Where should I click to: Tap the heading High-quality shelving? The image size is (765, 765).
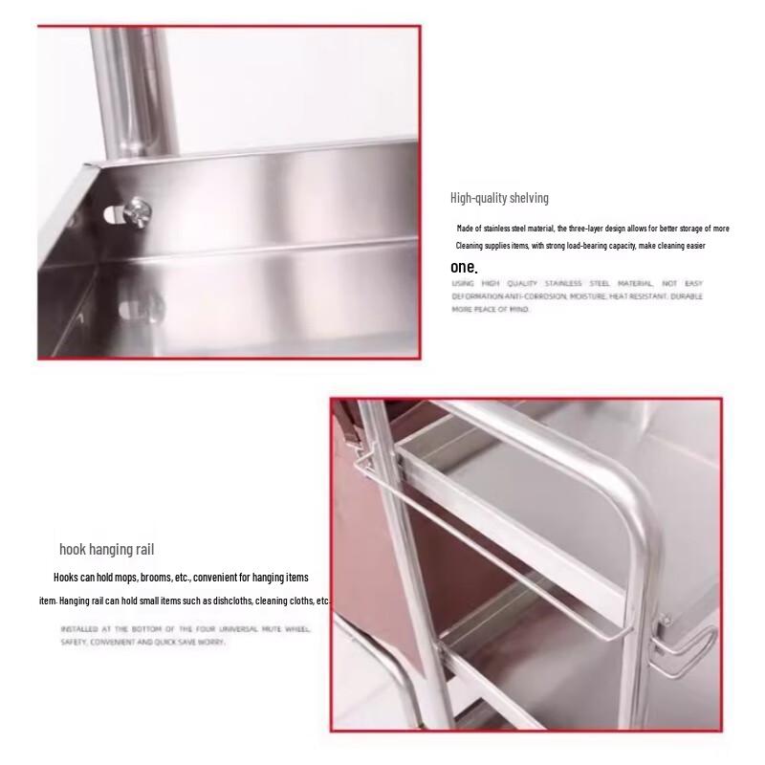pos(499,198)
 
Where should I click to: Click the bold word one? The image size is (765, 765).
pos(463,268)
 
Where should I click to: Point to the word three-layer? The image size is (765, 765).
pos(603,229)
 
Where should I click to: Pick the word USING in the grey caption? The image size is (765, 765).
pos(463,284)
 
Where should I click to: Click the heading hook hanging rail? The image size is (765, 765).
pos(106,549)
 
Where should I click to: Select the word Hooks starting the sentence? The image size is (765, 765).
pos(66,578)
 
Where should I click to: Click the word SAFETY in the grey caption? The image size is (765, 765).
pos(73,643)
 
